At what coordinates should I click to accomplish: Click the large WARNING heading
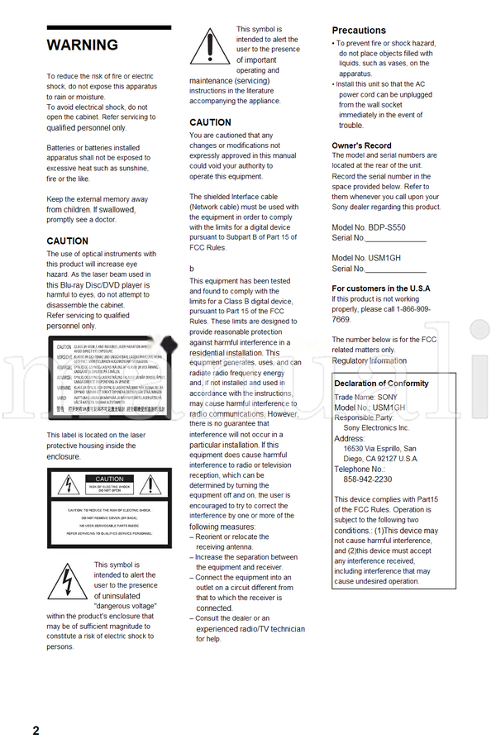[x=82, y=45]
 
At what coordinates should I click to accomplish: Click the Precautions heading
[x=359, y=31]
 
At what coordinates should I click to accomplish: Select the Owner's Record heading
[x=362, y=145]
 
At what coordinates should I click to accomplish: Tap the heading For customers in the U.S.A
[x=381, y=288]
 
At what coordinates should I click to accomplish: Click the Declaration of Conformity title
[x=381, y=384]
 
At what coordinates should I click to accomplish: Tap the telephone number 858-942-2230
[x=367, y=479]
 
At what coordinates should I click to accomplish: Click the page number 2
[x=36, y=729]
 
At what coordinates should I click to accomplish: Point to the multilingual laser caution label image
[x=109, y=379]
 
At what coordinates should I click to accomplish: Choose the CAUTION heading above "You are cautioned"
[x=210, y=122]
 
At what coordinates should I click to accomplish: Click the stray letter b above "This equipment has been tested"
[x=192, y=269]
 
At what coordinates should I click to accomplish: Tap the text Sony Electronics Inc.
[x=376, y=428]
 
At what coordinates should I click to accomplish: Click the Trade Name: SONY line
[x=365, y=397]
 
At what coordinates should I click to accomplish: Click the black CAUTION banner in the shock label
[x=109, y=479]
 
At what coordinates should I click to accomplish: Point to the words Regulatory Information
[x=370, y=360]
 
